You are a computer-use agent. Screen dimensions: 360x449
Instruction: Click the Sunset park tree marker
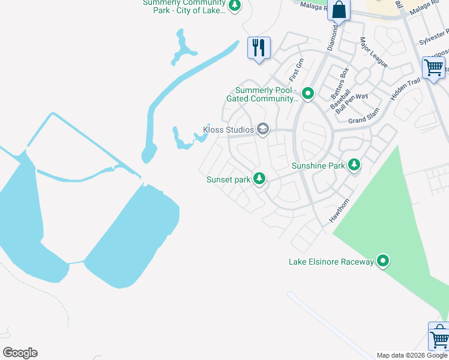[x=259, y=179]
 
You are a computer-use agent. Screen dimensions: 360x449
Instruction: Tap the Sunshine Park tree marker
[x=354, y=164]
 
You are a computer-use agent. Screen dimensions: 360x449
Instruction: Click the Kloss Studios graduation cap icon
[x=262, y=129]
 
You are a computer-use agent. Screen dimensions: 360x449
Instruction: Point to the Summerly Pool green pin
[x=308, y=94]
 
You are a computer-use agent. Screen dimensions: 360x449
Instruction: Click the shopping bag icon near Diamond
[x=339, y=10]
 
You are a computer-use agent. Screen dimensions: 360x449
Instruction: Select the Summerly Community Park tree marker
[x=235, y=5]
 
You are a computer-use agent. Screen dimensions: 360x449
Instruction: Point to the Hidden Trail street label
[x=405, y=89]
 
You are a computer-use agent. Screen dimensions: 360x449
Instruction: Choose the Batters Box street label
[x=340, y=83]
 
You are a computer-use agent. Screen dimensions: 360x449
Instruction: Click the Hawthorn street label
[x=339, y=212]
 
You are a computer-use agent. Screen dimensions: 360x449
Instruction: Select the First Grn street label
[x=297, y=70]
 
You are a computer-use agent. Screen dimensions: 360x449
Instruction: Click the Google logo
[x=20, y=353]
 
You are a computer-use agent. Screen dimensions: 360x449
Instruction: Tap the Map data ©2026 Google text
[x=412, y=355]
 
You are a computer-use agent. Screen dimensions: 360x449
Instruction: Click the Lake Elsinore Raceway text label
[x=331, y=262]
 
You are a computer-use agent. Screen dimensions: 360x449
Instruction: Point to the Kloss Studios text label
[x=228, y=130]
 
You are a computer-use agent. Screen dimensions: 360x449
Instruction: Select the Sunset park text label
[x=228, y=179]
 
